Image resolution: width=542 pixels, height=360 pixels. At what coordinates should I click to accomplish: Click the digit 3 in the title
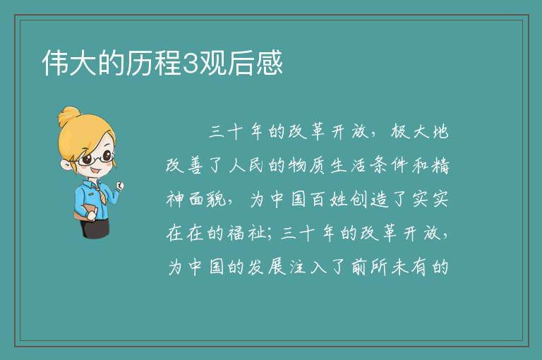coord(189,64)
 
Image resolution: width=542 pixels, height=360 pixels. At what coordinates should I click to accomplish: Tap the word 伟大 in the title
coord(69,64)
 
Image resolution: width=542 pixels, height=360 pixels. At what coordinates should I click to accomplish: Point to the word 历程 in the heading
coord(153,64)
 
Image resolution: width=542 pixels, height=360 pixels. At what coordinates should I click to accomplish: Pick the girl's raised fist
coord(120,186)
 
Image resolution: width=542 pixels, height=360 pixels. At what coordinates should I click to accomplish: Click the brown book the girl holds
coord(85,212)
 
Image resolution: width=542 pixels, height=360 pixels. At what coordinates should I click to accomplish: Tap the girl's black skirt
coord(95,227)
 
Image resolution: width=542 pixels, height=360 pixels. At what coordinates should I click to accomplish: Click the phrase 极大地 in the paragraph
coord(420,131)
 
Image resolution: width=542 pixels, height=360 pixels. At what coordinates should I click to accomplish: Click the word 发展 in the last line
coord(267,267)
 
